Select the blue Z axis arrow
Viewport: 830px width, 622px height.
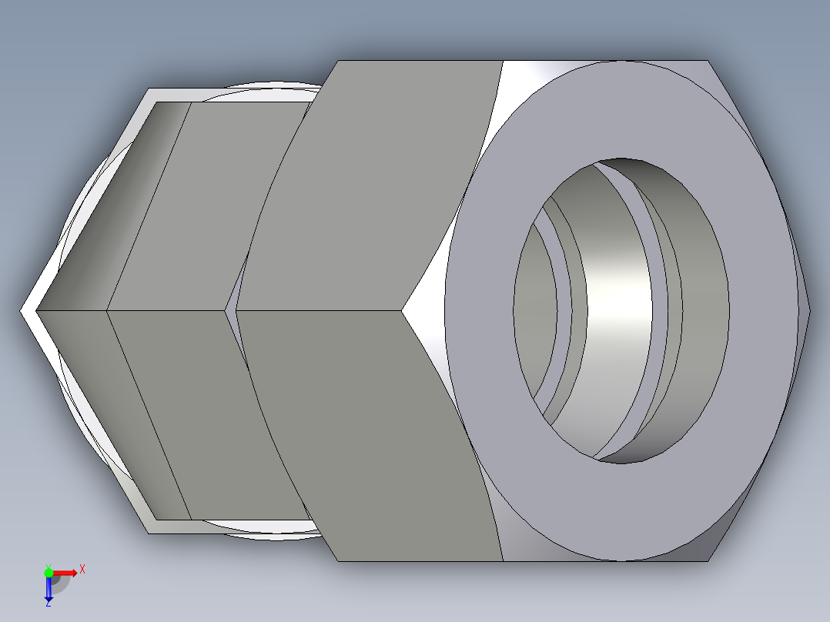click(x=49, y=590)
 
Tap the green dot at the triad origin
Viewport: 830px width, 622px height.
click(x=49, y=572)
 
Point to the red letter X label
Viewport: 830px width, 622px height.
click(x=82, y=569)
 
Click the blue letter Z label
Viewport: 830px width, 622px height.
click(x=48, y=604)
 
